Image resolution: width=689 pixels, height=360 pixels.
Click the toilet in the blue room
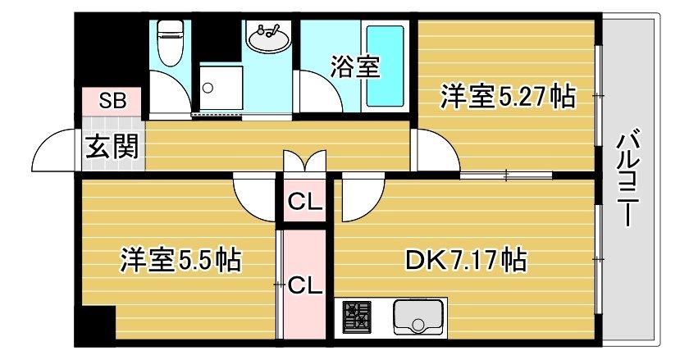tap(171, 43)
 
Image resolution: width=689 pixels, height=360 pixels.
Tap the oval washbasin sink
tap(268, 38)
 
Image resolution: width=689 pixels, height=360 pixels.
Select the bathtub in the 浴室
tap(386, 66)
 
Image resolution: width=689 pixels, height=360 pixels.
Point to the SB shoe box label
tap(112, 101)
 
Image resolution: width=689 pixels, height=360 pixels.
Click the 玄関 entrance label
tap(112, 146)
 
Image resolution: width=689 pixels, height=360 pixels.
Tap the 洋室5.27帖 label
tap(508, 96)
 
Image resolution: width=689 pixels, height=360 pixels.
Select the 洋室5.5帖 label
tap(180, 260)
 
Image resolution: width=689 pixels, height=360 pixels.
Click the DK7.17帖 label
tap(465, 260)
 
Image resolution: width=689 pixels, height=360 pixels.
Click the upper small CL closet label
tap(305, 203)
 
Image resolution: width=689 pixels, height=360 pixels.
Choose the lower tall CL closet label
tap(305, 286)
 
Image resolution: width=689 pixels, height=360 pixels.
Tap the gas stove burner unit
tap(356, 317)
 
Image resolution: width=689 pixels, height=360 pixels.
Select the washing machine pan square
tap(221, 88)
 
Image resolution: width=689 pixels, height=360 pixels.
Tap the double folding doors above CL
tap(305, 161)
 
